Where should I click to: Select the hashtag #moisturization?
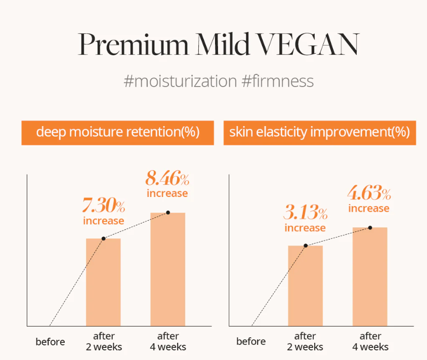click(180, 81)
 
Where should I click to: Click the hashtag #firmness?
click(277, 81)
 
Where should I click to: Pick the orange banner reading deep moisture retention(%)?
click(117, 133)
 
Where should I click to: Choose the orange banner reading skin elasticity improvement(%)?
click(319, 133)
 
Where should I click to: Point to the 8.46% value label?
click(167, 179)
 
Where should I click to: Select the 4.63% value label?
click(369, 194)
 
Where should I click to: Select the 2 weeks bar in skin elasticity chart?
click(305, 286)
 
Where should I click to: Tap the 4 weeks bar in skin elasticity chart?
click(369, 277)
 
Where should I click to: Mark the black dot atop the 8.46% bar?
click(168, 213)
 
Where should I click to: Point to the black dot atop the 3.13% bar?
click(306, 246)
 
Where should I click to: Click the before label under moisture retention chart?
click(51, 342)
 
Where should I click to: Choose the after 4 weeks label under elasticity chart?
click(370, 342)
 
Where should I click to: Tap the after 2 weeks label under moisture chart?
click(104, 342)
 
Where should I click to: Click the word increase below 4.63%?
click(369, 209)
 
